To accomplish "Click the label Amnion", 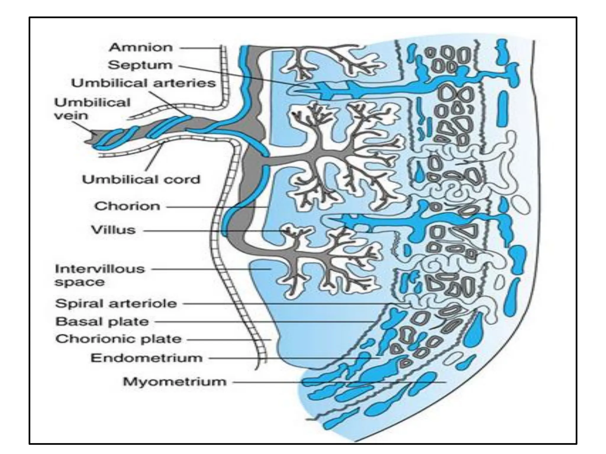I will coord(141,48).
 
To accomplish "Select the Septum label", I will coord(140,65).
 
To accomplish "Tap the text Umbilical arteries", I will coord(144,83).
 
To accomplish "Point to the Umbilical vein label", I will coord(92,109).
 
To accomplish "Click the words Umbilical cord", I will coord(141,179).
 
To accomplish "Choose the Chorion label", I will coord(127,206).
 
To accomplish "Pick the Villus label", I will coord(113,230).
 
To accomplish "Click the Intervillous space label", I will coord(100,275).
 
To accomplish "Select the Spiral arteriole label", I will coord(116,303).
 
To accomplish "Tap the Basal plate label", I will coord(102,322).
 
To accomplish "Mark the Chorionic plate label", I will coord(118,339).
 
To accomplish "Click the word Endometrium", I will coord(146,358).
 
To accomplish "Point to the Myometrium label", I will coord(175,382).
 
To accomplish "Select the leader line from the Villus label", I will coord(207,231).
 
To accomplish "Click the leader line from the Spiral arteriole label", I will coord(296,304).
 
